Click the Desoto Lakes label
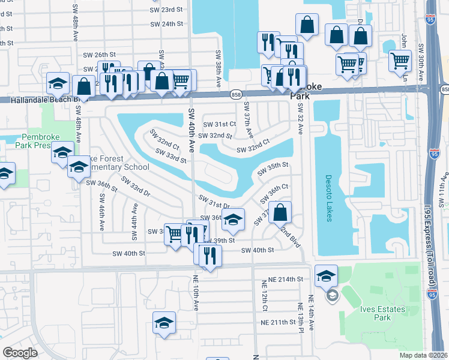[x=328, y=198]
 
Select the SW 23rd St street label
[x=166, y=10]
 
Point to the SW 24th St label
[x=166, y=24]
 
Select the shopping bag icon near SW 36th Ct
[x=280, y=212]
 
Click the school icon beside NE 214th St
[x=326, y=275]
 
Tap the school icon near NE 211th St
[x=164, y=322]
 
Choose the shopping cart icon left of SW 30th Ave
[x=400, y=61]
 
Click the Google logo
[x=20, y=353]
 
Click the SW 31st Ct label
[x=219, y=124]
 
